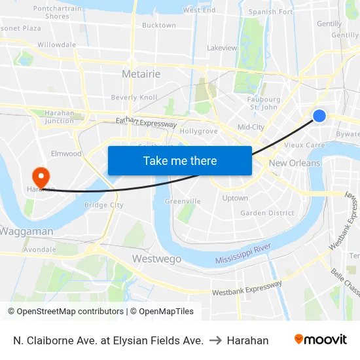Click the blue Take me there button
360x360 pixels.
point(180,160)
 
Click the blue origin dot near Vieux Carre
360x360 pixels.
point(319,116)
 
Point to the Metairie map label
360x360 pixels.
point(141,74)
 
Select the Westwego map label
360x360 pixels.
point(156,259)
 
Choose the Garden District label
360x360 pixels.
point(267,213)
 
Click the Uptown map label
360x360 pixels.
point(235,198)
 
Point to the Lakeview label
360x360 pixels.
point(222,48)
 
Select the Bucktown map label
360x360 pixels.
point(159,25)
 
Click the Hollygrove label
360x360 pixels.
point(198,131)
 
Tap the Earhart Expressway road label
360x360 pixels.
point(146,122)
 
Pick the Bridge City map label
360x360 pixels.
point(104,205)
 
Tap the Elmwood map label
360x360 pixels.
point(67,154)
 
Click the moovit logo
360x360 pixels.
point(321,340)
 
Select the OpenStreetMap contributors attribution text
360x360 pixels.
point(65,312)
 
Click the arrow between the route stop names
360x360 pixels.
point(215,340)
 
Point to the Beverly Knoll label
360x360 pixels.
point(134,98)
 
